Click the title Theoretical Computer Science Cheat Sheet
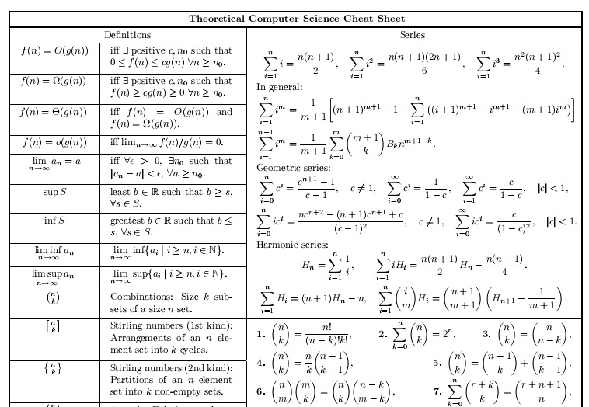coord(297,19)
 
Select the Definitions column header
coord(127,35)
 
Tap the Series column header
coord(413,35)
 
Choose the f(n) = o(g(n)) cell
coord(54,142)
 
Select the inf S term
coord(54,221)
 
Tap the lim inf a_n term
coord(54,252)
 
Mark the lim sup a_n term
coord(54,276)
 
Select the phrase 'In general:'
coord(276,87)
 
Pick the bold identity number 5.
coord(437,363)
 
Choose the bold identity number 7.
coord(437,391)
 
